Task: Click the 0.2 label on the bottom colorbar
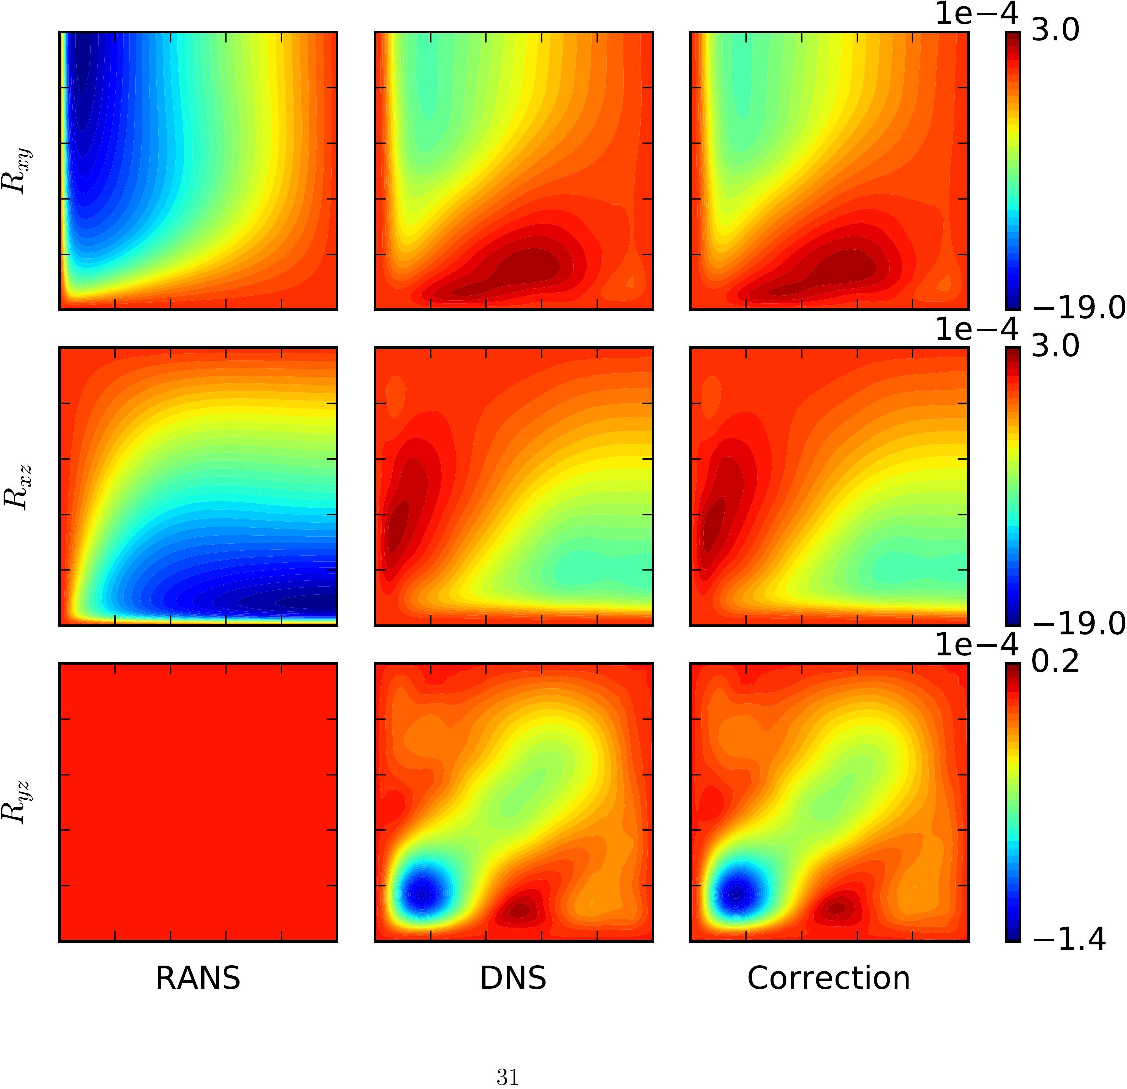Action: [x=1055, y=663]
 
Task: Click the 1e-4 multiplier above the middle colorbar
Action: [x=976, y=329]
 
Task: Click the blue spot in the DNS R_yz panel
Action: [x=423, y=894]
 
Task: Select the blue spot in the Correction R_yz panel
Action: [x=738, y=894]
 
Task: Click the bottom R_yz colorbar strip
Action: [x=1013, y=802]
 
